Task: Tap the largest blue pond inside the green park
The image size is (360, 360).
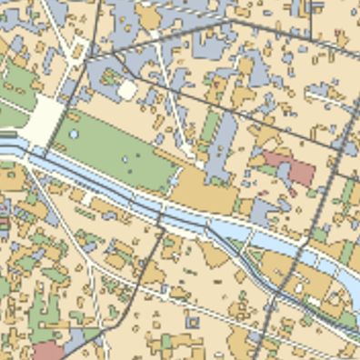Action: (x=74, y=135)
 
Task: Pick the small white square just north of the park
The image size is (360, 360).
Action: (x=127, y=90)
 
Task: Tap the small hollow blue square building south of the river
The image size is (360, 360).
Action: (x=193, y=320)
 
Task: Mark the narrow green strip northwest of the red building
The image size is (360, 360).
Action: (x=212, y=126)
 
